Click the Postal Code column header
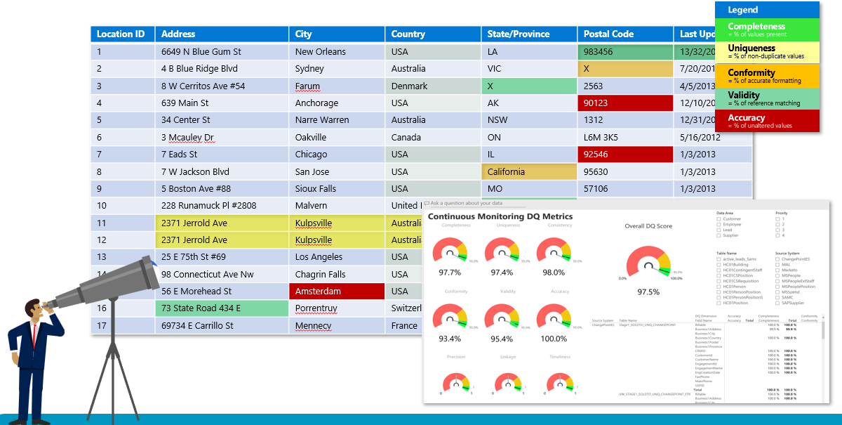[608, 34]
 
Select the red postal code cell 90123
[624, 103]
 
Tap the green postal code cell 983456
[624, 52]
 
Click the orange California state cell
[528, 171]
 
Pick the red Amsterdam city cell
[337, 292]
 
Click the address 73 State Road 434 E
[222, 308]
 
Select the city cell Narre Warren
[322, 120]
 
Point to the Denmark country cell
[410, 86]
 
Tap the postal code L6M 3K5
[601, 138]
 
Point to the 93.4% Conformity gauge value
[449, 339]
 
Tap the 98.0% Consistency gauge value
[554, 273]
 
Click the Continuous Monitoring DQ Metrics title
[500, 216]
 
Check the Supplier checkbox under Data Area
[719, 235]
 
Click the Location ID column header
[121, 34]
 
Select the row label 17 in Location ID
[102, 326]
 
